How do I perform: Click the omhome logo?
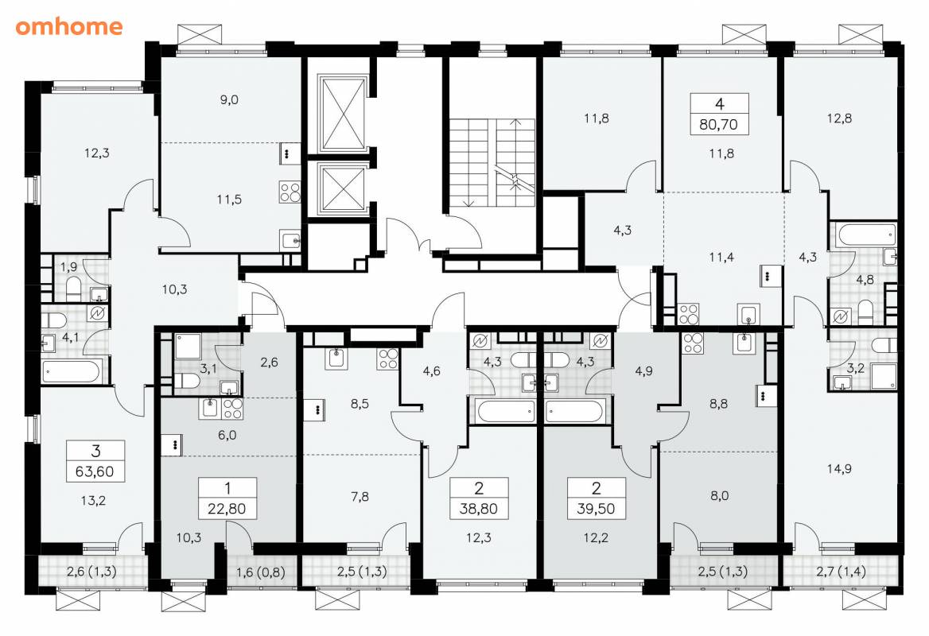68,27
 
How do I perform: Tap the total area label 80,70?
719,125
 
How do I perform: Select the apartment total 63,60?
95,472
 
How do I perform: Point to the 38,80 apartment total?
479,509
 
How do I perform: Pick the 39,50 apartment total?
596,509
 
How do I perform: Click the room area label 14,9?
839,469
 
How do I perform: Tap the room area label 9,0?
229,99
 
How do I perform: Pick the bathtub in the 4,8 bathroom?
865,235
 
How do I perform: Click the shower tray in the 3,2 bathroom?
884,377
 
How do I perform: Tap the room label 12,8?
839,118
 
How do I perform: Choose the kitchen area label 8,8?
718,404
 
